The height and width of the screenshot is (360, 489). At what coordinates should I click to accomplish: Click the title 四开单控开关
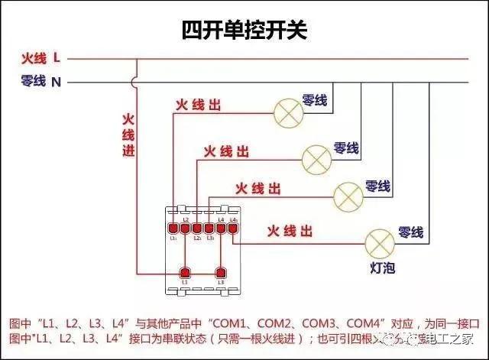[x=244, y=30]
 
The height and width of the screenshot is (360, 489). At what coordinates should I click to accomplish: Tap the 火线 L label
[x=43, y=58]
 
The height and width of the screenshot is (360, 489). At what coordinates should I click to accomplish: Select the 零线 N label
[x=41, y=81]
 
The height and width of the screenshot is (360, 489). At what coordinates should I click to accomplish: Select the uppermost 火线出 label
[x=198, y=105]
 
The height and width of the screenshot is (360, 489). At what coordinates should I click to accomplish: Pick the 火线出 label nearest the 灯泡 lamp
[x=290, y=230]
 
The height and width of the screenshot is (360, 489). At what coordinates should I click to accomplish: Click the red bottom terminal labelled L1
[x=184, y=273]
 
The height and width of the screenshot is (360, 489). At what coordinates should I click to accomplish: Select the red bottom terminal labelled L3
[x=222, y=273]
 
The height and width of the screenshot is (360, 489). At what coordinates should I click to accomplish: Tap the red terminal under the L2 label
[x=185, y=228]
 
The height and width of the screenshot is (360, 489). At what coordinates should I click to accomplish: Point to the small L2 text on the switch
[x=185, y=219]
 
